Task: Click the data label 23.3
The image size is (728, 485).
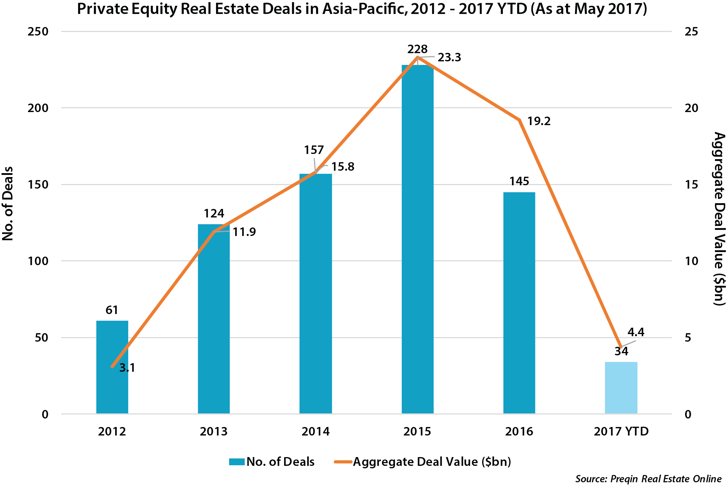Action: pyautogui.click(x=449, y=57)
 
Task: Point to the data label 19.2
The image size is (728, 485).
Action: pyautogui.click(x=539, y=121)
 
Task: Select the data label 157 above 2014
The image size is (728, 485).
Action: pyautogui.click(x=314, y=150)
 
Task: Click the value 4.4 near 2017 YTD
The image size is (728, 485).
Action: pyautogui.click(x=636, y=332)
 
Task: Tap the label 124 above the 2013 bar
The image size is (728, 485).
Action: pyautogui.click(x=214, y=213)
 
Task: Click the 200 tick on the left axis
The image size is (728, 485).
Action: pyautogui.click(x=38, y=108)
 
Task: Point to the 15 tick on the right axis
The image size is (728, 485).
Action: pyautogui.click(x=692, y=185)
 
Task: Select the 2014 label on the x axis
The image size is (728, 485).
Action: pyautogui.click(x=315, y=431)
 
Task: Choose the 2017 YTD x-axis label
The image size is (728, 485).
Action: pyautogui.click(x=621, y=431)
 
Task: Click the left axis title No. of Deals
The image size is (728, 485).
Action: pyautogui.click(x=8, y=203)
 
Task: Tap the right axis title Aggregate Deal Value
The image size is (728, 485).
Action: pyautogui.click(x=719, y=219)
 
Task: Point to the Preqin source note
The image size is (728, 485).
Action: pyautogui.click(x=648, y=479)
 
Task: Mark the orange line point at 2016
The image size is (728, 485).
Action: pyautogui.click(x=520, y=120)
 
